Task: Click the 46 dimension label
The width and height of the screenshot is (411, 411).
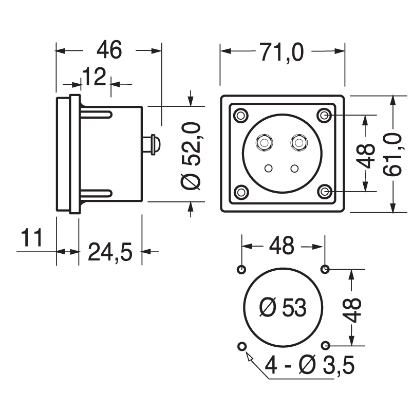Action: click(109, 50)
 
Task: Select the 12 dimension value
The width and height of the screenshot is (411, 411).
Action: click(94, 78)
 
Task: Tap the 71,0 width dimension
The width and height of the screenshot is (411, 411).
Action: click(282, 52)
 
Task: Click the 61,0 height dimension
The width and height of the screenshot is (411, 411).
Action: click(394, 154)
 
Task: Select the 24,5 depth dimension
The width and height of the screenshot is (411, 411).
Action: click(110, 252)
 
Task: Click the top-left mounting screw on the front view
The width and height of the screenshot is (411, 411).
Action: click(240, 116)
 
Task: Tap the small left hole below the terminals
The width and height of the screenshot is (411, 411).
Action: click(269, 168)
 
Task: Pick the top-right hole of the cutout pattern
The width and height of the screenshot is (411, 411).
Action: click(325, 269)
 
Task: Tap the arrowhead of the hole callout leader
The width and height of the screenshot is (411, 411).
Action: click(249, 356)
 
